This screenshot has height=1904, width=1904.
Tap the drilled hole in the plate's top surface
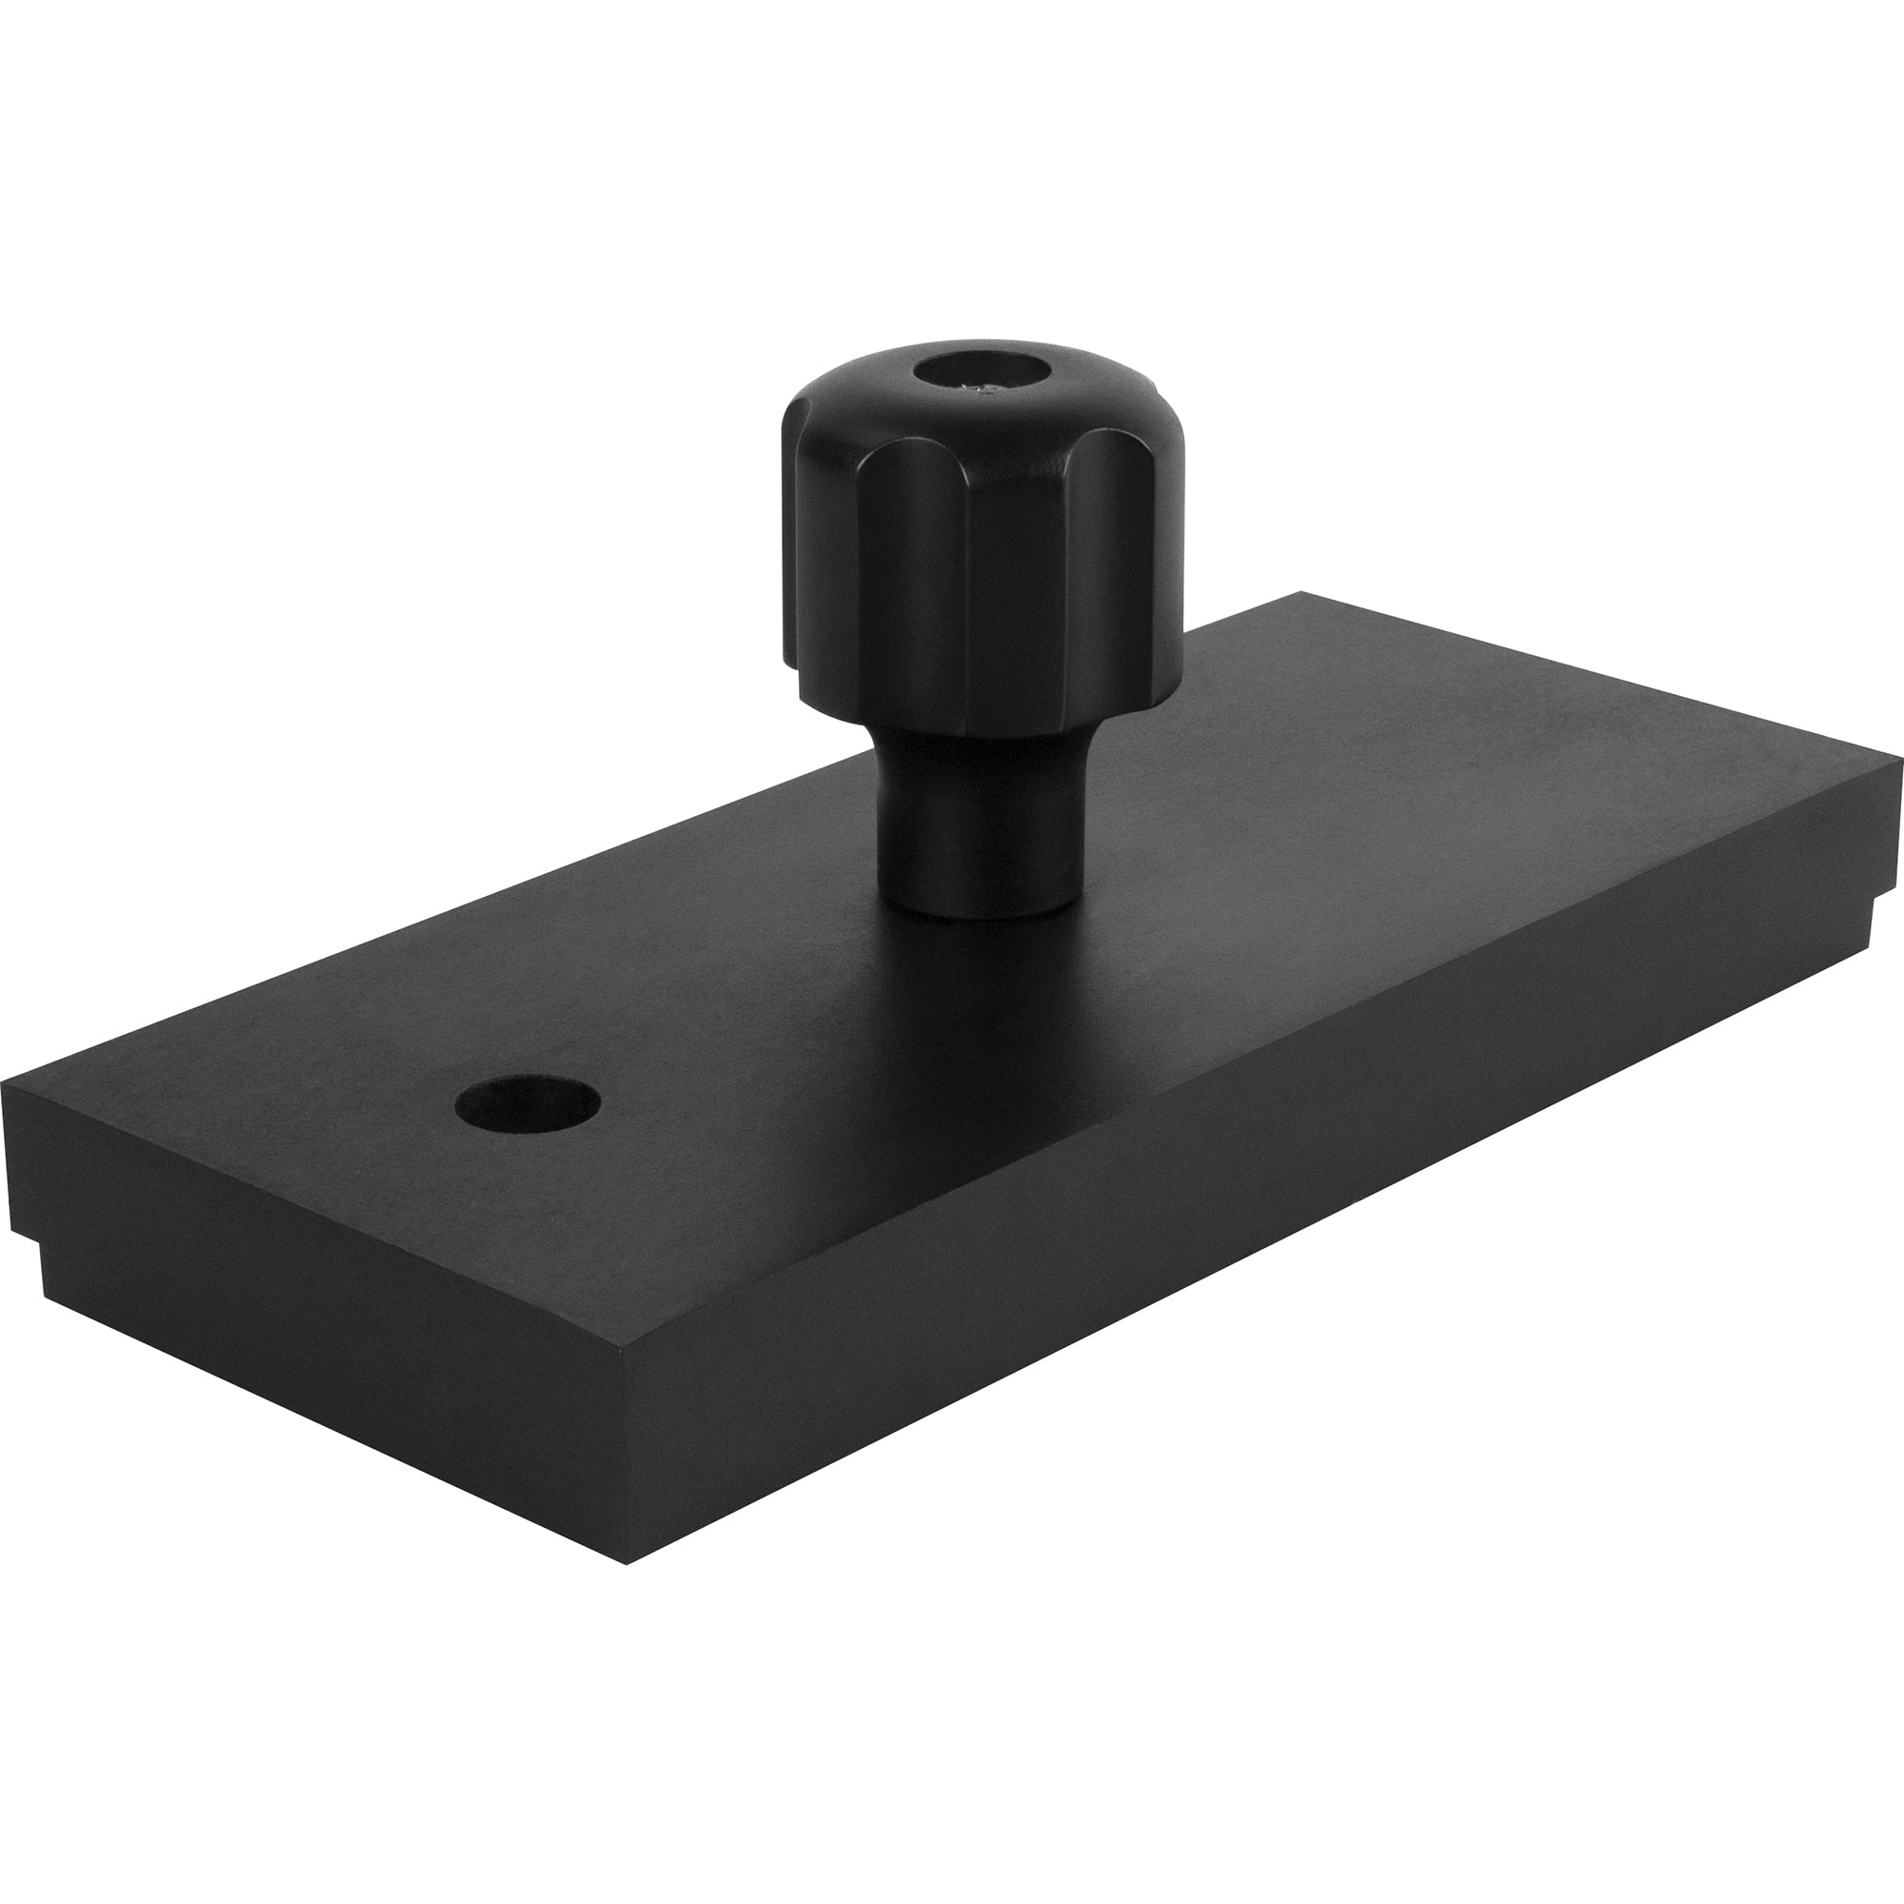pyautogui.click(x=528, y=1102)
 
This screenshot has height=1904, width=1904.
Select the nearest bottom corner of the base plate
pyautogui.click(x=626, y=1563)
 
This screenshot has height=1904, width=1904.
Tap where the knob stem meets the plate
pyautogui.click(x=976, y=912)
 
